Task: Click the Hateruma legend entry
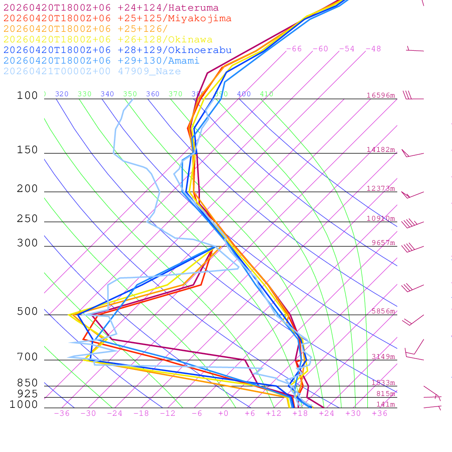pyautogui.click(x=111, y=8)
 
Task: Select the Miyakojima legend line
pyautogui.click(x=117, y=19)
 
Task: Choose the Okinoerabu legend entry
pyautogui.click(x=117, y=50)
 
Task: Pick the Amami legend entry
pyautogui.click(x=102, y=61)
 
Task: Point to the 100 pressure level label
pyautogui.click(x=27, y=95)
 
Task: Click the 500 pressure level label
pyautogui.click(x=27, y=312)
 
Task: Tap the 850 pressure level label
pyautogui.click(x=27, y=383)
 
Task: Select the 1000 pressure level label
pyautogui.click(x=24, y=404)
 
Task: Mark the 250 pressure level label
pyautogui.click(x=27, y=218)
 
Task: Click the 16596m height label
pyautogui.click(x=380, y=95)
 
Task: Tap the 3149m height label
pyautogui.click(x=383, y=357)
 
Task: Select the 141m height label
pyautogui.click(x=385, y=404)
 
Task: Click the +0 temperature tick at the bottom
pyautogui.click(x=223, y=413)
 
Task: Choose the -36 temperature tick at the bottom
pyautogui.click(x=62, y=413)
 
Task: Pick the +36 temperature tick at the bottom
pyautogui.click(x=380, y=413)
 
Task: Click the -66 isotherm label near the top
pyautogui.click(x=294, y=49)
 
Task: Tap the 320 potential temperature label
pyautogui.click(x=62, y=94)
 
